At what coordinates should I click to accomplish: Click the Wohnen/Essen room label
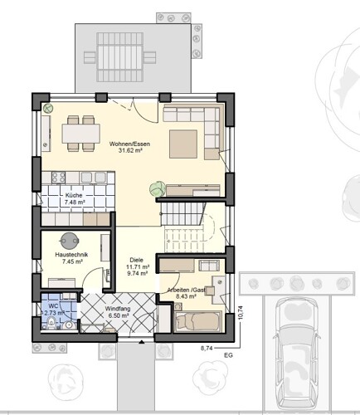pyautogui.click(x=129, y=144)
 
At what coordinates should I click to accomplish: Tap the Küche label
pyautogui.click(x=74, y=195)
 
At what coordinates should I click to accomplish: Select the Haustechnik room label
pyautogui.click(x=71, y=255)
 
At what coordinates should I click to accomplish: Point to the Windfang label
pyautogui.click(x=118, y=309)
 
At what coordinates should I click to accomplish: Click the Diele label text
pyautogui.click(x=137, y=260)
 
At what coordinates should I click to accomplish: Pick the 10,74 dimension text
pyautogui.click(x=240, y=313)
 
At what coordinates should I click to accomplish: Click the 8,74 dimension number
pyautogui.click(x=207, y=349)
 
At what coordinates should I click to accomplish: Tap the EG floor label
pyautogui.click(x=229, y=355)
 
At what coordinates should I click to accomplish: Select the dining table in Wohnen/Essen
pyautogui.click(x=80, y=134)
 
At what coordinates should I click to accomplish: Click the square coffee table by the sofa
pyautogui.click(x=183, y=144)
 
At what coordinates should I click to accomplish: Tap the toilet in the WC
pyautogui.click(x=51, y=324)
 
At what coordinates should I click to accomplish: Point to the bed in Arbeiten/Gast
pyautogui.click(x=198, y=321)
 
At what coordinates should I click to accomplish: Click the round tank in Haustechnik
pyautogui.click(x=69, y=241)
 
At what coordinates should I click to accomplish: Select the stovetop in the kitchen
pyautogui.click(x=58, y=177)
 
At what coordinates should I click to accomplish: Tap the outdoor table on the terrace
pyautogui.click(x=120, y=56)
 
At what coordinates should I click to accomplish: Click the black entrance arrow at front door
pyautogui.click(x=142, y=342)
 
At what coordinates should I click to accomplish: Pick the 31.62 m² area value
pyautogui.click(x=130, y=151)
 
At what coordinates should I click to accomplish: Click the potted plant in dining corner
pyautogui.click(x=48, y=108)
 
